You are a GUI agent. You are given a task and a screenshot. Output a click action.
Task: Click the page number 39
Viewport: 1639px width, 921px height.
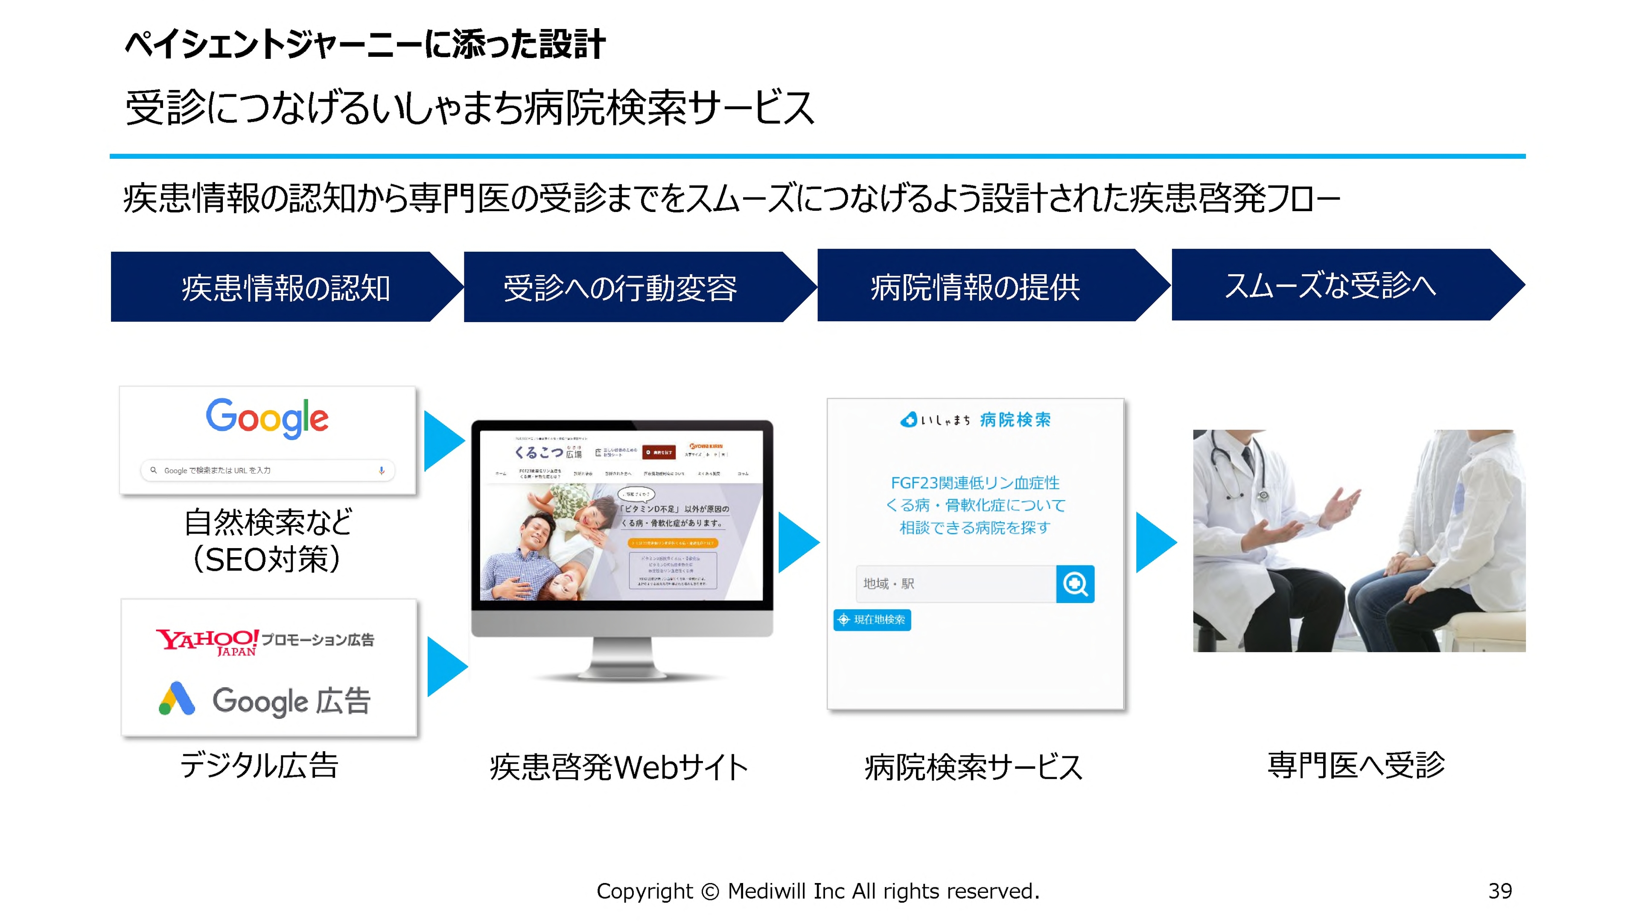1500,891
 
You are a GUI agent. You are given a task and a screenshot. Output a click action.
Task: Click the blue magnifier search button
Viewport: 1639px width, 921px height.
1075,583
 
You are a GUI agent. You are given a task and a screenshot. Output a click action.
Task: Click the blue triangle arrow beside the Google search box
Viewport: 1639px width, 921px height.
443,441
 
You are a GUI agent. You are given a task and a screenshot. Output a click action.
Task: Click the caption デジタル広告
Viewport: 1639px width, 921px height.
259,764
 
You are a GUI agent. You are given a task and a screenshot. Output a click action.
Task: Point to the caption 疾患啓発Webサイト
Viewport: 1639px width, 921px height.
618,767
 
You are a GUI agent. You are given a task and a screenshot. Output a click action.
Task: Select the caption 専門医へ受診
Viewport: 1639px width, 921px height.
1356,764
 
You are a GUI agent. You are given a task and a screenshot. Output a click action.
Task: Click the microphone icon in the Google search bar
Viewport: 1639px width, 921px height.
382,471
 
